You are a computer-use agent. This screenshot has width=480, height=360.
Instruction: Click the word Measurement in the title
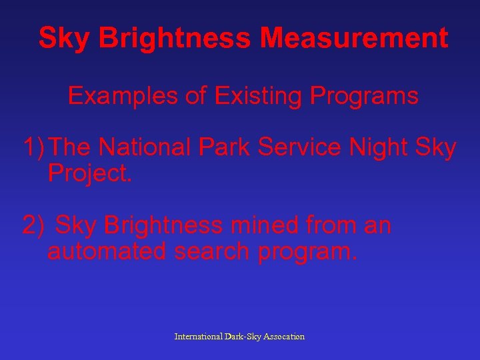pos(354,39)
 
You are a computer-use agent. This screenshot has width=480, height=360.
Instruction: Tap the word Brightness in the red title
pos(175,39)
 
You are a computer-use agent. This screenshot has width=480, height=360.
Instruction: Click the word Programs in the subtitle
pos(363,97)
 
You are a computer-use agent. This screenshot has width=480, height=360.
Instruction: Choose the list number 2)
pos(33,226)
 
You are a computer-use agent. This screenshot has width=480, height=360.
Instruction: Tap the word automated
pos(107,252)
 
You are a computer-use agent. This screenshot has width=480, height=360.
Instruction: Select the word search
pos(211,252)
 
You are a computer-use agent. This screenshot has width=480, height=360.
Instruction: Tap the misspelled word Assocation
pos(285,337)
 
